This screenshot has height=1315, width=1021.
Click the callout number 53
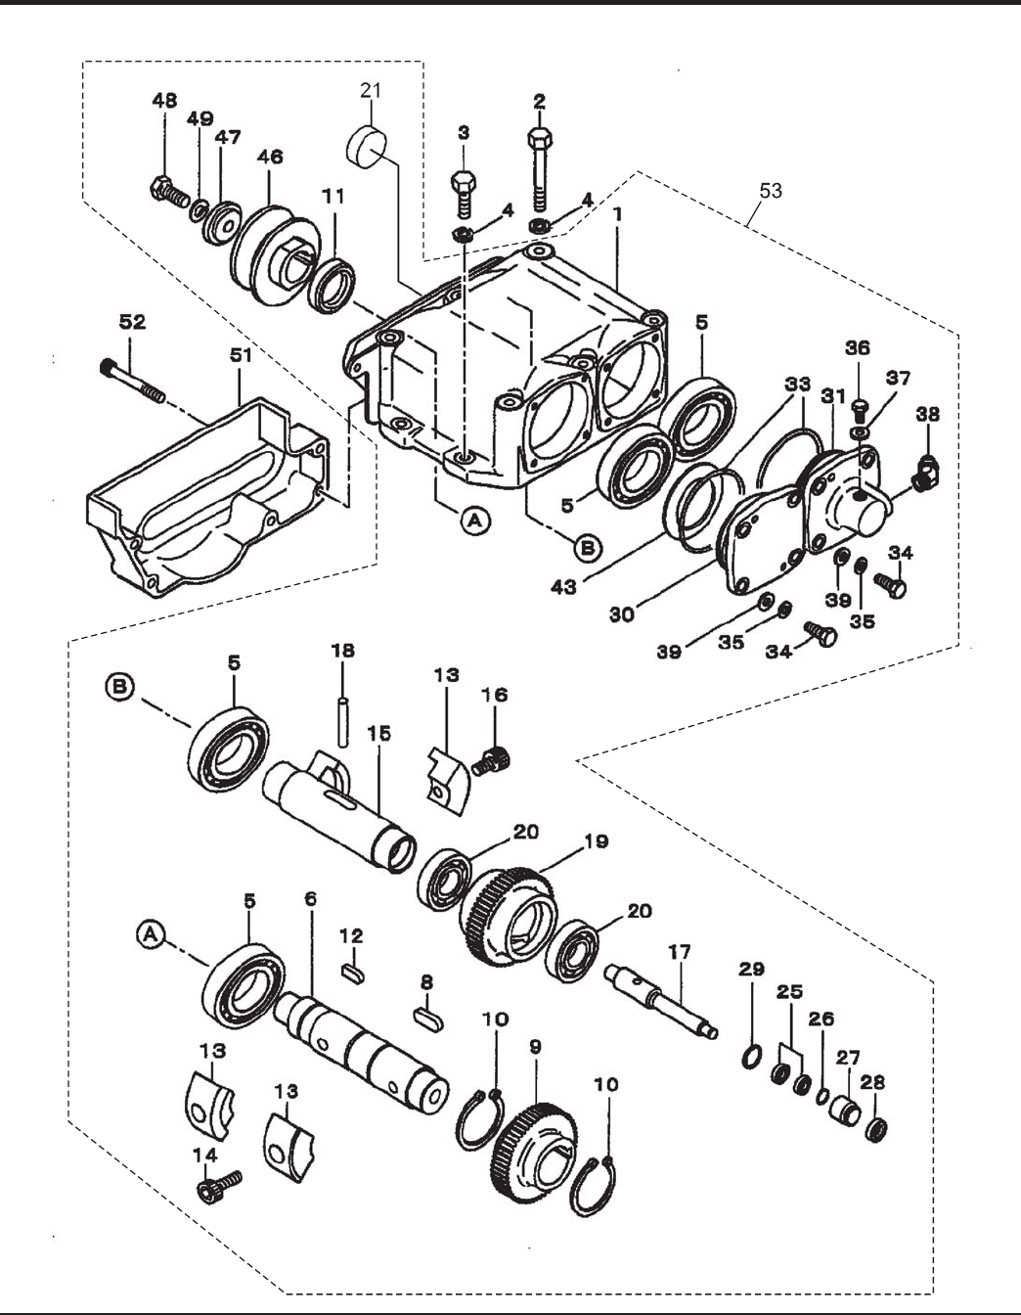pyautogui.click(x=771, y=191)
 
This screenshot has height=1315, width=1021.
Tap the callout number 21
pyautogui.click(x=371, y=91)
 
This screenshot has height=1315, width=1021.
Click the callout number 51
pyautogui.click(x=241, y=356)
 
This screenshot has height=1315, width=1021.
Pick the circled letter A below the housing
pyautogui.click(x=475, y=519)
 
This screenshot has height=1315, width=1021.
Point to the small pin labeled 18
pyautogui.click(x=343, y=722)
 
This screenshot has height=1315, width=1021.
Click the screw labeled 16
pyautogui.click(x=491, y=760)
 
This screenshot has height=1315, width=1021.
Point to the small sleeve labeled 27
pyautogui.click(x=846, y=1109)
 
